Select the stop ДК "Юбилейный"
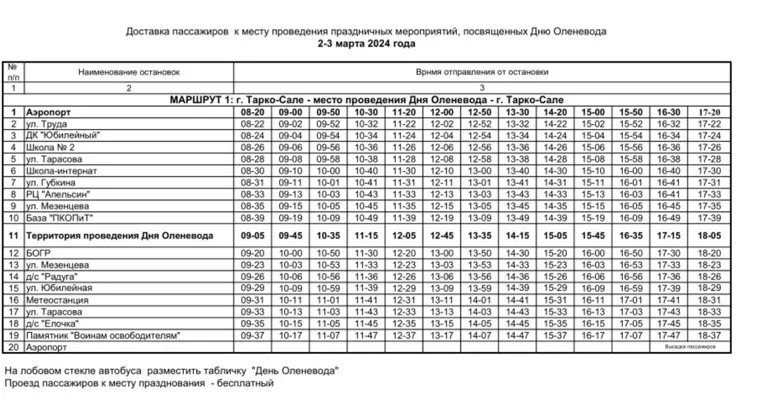click(61, 135)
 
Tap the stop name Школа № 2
click(49, 147)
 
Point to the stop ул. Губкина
click(51, 182)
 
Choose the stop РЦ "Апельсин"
click(58, 194)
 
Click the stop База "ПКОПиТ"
click(59, 217)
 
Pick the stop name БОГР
click(39, 253)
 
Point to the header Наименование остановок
click(127, 73)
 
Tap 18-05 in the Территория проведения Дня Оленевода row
click(709, 235)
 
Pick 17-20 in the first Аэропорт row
click(709, 112)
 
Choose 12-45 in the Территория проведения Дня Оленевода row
click(441, 235)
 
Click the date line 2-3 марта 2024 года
click(379, 44)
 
